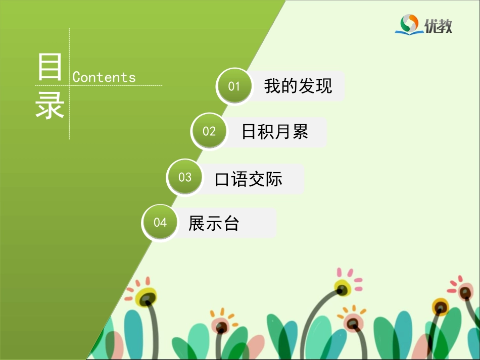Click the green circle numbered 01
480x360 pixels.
(234, 86)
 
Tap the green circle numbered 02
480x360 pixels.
(209, 132)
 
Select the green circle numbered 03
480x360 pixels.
(185, 177)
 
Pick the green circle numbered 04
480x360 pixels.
(160, 223)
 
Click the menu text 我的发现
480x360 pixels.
(298, 86)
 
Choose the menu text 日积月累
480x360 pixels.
(274, 132)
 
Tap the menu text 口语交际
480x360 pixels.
(249, 179)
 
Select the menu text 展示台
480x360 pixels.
(214, 223)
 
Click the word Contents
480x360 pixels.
(104, 77)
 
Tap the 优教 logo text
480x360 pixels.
(438, 26)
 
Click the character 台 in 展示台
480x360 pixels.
(231, 223)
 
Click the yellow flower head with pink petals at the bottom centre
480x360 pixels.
(343, 288)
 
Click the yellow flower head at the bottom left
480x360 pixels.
(147, 297)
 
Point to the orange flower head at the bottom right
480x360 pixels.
(440, 306)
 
